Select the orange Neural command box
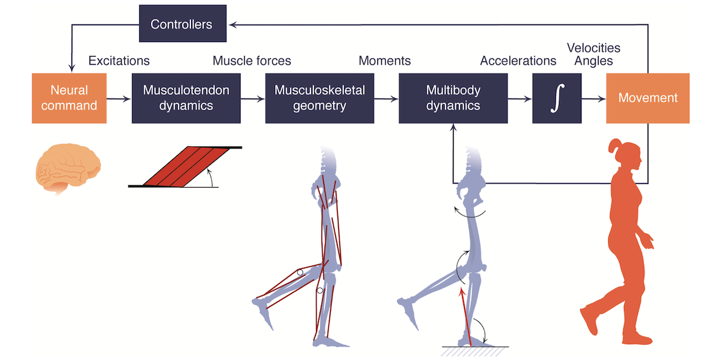(x=69, y=98)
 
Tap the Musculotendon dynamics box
(x=186, y=98)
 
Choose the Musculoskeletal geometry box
(x=320, y=98)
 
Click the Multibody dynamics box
(x=453, y=98)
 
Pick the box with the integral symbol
(x=553, y=98)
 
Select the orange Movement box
(x=648, y=98)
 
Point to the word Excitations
(x=119, y=61)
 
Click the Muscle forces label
(x=251, y=61)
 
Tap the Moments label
(x=384, y=61)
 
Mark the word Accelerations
(x=518, y=61)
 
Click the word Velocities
(x=593, y=48)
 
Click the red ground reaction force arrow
(x=465, y=317)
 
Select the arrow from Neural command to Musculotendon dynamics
(x=119, y=98)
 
